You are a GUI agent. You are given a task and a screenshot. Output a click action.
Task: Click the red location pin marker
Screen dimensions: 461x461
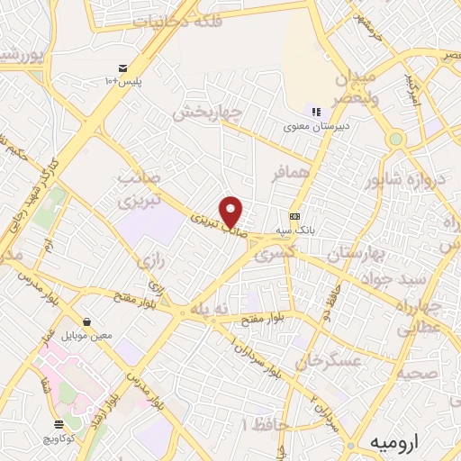[232, 211]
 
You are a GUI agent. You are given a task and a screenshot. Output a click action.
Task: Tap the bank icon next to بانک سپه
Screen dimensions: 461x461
[294, 216]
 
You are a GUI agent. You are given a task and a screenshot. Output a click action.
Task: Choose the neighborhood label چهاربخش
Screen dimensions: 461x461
[210, 112]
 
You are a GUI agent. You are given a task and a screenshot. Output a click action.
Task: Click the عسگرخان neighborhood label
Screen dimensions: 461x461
[331, 362]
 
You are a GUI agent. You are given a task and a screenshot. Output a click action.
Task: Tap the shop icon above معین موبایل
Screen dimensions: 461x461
[86, 321]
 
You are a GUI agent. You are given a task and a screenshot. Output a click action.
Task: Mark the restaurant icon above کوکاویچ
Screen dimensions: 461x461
[59, 423]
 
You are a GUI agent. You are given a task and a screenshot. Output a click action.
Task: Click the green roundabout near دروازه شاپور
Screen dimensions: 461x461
[395, 140]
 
